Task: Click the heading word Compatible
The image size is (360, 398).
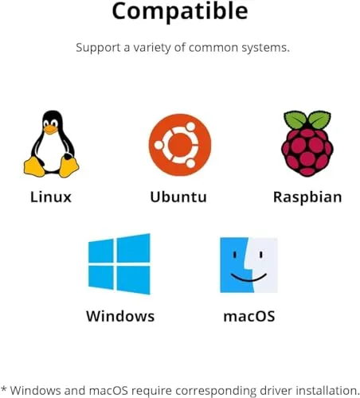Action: [x=180, y=11]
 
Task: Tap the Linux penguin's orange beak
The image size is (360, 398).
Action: [x=50, y=130]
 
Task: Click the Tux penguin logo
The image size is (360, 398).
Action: [x=51, y=144]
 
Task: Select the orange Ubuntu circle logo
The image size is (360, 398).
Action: [x=180, y=145]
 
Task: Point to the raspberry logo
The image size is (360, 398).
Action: [x=307, y=143]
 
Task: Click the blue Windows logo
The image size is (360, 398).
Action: [x=119, y=263]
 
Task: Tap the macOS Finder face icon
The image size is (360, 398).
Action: [x=248, y=265]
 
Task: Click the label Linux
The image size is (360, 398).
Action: [x=51, y=197]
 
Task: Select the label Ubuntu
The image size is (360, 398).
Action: [x=178, y=197]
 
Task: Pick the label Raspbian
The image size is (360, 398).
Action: [x=307, y=197]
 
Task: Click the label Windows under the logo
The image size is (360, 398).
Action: [x=120, y=316]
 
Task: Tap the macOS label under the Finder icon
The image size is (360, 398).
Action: [x=249, y=317]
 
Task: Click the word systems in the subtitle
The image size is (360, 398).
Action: [x=265, y=49]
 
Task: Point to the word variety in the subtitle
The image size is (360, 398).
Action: [x=152, y=48]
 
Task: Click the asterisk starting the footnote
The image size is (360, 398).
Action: [x=4, y=389]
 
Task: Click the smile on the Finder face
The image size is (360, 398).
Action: [x=248, y=277]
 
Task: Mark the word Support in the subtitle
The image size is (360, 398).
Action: [x=98, y=49]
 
